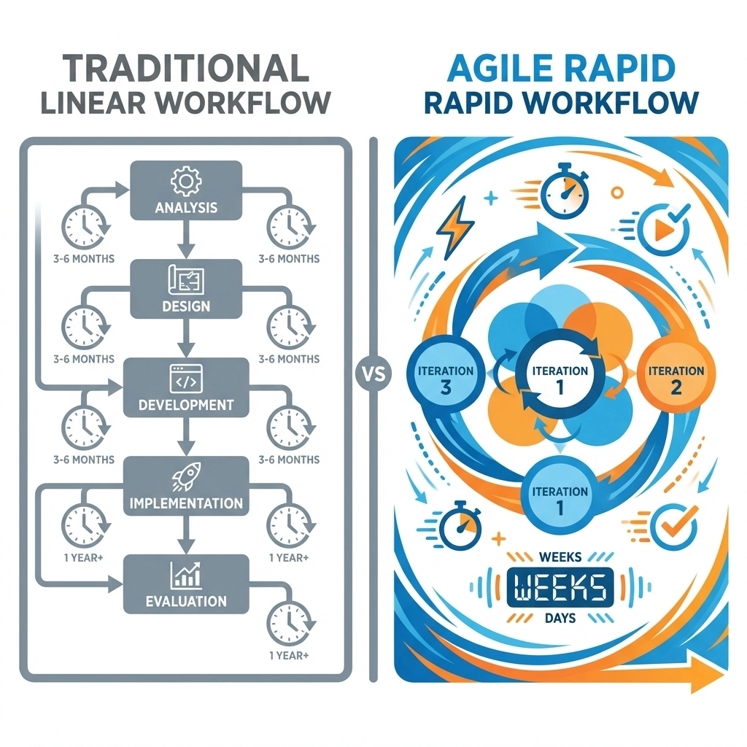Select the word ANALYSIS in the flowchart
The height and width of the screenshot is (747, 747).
pos(186,207)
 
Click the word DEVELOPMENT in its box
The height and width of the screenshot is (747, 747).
pos(186,404)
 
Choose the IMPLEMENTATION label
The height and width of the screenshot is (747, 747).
pos(186,503)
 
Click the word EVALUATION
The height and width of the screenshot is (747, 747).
pos(186,602)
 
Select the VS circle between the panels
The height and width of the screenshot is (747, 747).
pos(373,373)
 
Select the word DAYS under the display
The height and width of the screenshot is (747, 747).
pos(560,619)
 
